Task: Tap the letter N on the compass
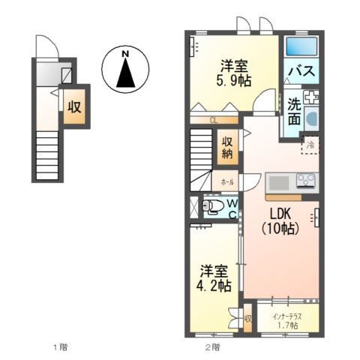(126, 53)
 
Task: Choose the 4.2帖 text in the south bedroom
(214, 286)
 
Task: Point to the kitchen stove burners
(306, 181)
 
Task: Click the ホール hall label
(226, 182)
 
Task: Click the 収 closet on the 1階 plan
(73, 106)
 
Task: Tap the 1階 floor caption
(61, 347)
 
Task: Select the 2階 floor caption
(213, 347)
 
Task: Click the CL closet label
(214, 119)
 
